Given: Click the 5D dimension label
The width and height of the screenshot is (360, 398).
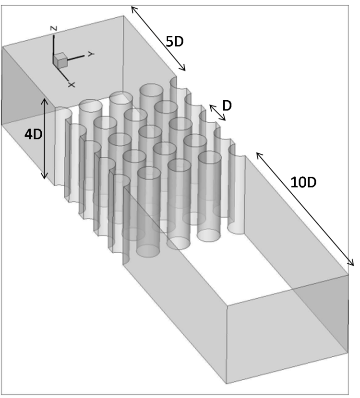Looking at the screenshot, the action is click(175, 41).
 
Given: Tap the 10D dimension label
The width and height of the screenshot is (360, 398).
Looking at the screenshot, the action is click(303, 182).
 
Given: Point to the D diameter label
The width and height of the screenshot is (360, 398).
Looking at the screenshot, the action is click(227, 105).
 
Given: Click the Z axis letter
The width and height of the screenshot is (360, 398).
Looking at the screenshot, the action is click(54, 28).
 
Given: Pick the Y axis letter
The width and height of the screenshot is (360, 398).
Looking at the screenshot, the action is click(91, 54).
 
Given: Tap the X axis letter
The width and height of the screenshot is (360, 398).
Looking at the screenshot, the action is click(72, 84).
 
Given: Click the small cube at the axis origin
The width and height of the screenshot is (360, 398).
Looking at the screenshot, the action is click(60, 60).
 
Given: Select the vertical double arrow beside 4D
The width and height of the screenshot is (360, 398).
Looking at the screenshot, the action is click(45, 139).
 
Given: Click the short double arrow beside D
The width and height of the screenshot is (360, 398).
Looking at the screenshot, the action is click(217, 112).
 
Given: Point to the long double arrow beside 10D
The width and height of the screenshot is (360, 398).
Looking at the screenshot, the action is click(305, 209).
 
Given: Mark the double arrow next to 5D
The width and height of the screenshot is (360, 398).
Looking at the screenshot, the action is click(158, 38).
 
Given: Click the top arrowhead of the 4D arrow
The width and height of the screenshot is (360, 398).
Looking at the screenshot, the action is click(45, 101).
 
